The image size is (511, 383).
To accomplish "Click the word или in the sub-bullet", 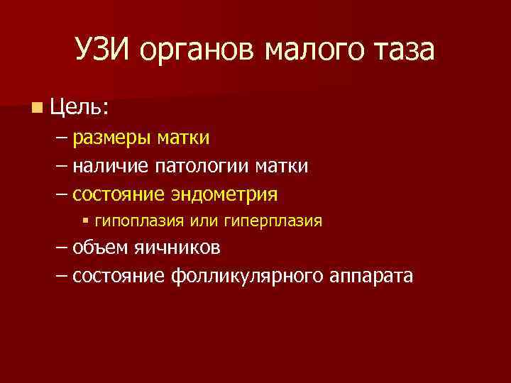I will click(x=204, y=221).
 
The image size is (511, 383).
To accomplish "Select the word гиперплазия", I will click(x=273, y=221).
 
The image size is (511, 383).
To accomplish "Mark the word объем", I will click(x=99, y=248).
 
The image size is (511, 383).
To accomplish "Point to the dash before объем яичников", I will click(x=62, y=248).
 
